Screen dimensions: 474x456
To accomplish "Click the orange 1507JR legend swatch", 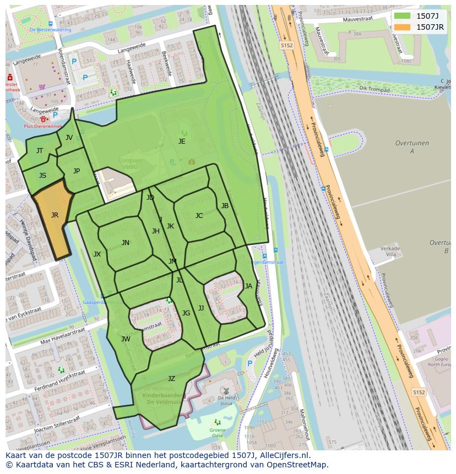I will (403, 27).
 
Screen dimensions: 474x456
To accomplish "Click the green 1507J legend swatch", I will (403, 15).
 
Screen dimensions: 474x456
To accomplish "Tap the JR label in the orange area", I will (55, 215).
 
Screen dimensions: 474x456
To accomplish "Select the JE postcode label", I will (182, 141).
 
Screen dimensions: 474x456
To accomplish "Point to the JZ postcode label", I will (171, 379).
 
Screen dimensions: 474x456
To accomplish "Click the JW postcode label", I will (126, 339).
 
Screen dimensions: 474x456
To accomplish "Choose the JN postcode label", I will (126, 243).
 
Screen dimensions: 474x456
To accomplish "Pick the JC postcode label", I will (199, 216).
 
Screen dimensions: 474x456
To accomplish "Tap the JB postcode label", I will (225, 206).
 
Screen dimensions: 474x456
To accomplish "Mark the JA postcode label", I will (248, 286).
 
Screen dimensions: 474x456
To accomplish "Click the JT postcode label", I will (40, 151).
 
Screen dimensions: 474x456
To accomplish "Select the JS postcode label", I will (42, 176).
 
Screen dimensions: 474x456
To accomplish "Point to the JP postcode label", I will (77, 171).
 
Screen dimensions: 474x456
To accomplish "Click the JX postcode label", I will (97, 254).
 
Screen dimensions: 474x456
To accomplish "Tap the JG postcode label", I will (186, 313).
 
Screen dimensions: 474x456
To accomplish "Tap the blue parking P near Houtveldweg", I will (250, 363).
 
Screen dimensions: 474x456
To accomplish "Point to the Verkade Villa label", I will (390, 252).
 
